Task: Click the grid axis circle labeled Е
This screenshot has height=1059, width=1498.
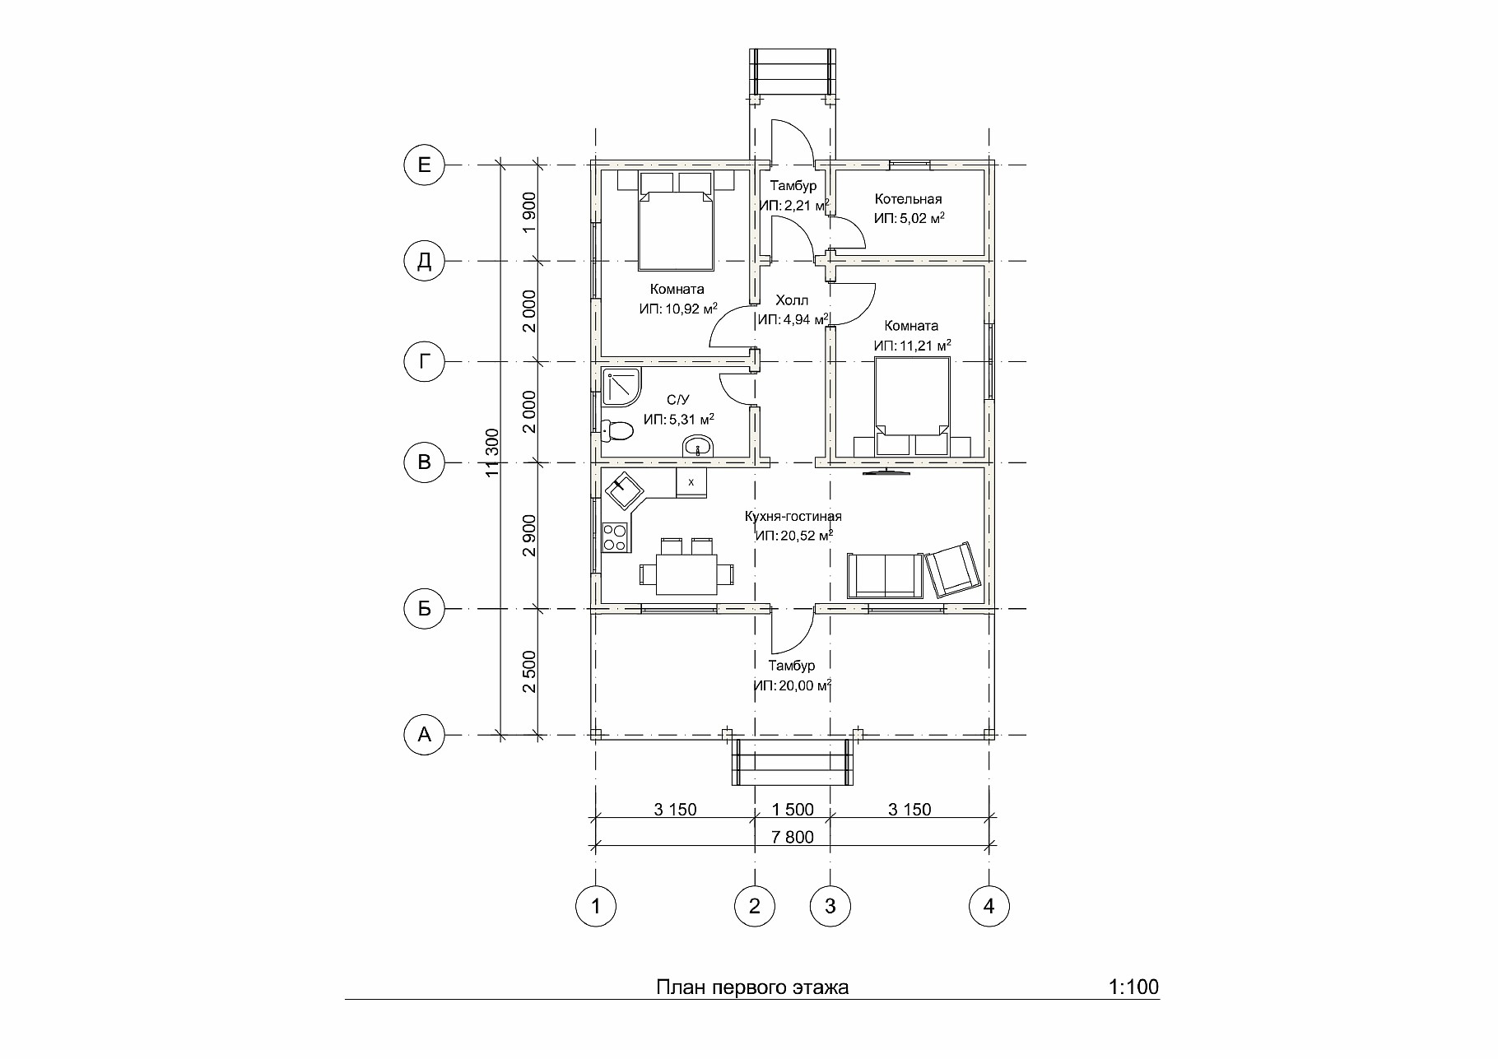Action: coord(424,165)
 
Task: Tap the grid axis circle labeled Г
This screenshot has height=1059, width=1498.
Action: coord(424,361)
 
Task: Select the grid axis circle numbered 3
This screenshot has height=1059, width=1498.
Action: coord(830,906)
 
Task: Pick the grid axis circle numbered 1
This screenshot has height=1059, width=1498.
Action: coord(595,906)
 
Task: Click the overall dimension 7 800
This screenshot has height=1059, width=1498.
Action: coord(793,837)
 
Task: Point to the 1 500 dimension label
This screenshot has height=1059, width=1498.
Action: coord(793,810)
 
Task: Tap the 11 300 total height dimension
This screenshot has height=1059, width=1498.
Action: coord(492,453)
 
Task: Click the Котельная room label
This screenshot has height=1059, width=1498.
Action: coord(909,199)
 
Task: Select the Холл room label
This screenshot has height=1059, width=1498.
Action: coord(792,300)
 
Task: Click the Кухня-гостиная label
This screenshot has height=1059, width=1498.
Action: coord(793,517)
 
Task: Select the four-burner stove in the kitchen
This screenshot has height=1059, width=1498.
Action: coord(615,537)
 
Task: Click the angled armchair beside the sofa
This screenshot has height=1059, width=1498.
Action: coord(953,569)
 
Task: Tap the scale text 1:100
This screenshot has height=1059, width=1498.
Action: coord(1134,987)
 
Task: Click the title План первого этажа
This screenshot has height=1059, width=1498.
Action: coord(752,987)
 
